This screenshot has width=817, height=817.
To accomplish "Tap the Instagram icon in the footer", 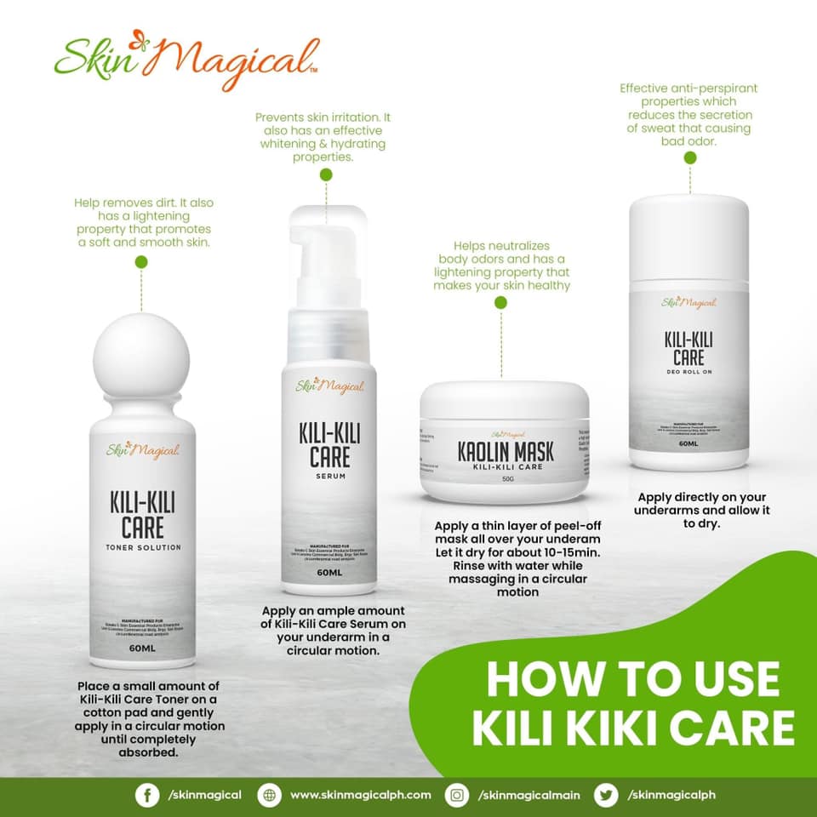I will (458, 795).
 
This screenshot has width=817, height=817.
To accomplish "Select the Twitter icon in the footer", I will (606, 795).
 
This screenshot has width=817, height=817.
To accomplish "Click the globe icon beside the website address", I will (271, 795).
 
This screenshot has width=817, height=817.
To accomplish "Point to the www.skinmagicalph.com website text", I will (360, 795).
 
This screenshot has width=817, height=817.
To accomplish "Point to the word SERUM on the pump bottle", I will (329, 479).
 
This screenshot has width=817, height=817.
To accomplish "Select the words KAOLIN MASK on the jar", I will (506, 451).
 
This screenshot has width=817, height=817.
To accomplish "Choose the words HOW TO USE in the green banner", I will (632, 681).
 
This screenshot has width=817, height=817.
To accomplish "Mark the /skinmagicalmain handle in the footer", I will (528, 795).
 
